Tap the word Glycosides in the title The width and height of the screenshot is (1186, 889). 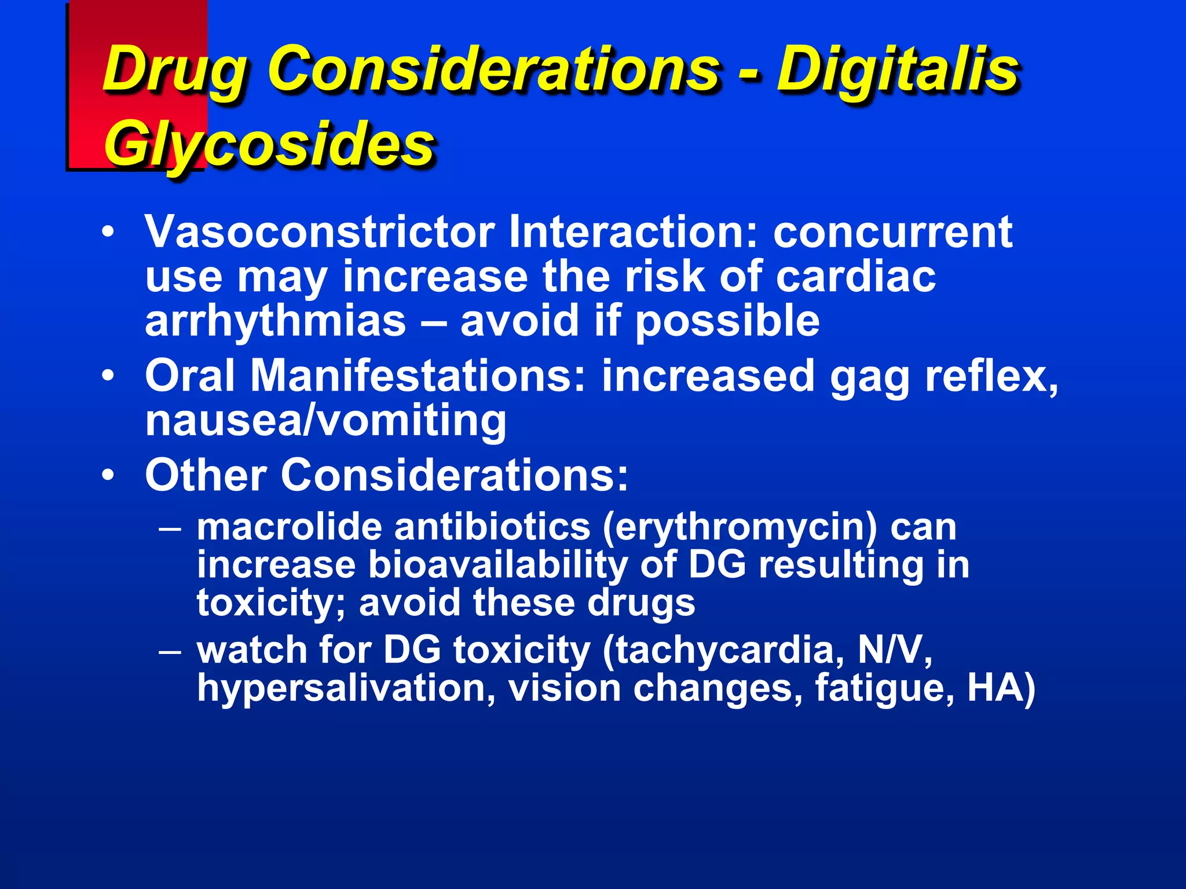(269, 145)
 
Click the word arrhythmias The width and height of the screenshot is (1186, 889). (276, 322)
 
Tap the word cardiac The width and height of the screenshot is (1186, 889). (855, 277)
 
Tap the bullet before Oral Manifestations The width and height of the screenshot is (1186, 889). (108, 377)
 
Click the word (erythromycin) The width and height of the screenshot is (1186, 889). (740, 528)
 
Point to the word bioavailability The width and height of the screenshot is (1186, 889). (498, 565)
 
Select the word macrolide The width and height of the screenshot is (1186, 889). (290, 528)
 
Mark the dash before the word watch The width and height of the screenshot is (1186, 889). (170, 651)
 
